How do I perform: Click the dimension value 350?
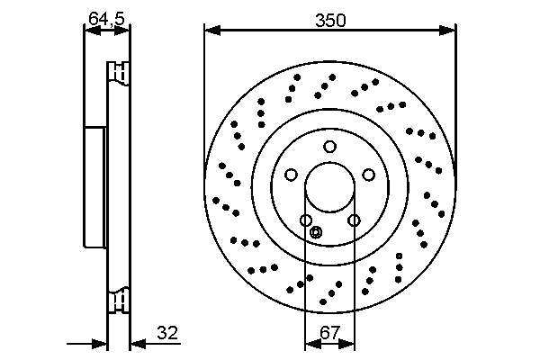pyautogui.click(x=330, y=19)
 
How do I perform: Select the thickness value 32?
pyautogui.click(x=166, y=332)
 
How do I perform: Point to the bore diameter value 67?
pyautogui.click(x=329, y=332)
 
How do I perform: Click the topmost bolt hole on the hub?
pyautogui.click(x=330, y=147)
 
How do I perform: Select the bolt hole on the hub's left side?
pyautogui.click(x=292, y=175)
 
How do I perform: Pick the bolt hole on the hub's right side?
pyautogui.click(x=368, y=175)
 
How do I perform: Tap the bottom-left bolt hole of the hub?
pyautogui.click(x=306, y=220)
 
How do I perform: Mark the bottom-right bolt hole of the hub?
pyautogui.click(x=354, y=220)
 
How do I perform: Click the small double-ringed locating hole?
pyautogui.click(x=315, y=232)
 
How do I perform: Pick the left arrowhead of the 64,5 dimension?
pyautogui.click(x=89, y=31)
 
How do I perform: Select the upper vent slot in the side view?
pyautogui.click(x=117, y=71)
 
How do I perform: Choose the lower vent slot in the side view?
pyautogui.click(x=117, y=301)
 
